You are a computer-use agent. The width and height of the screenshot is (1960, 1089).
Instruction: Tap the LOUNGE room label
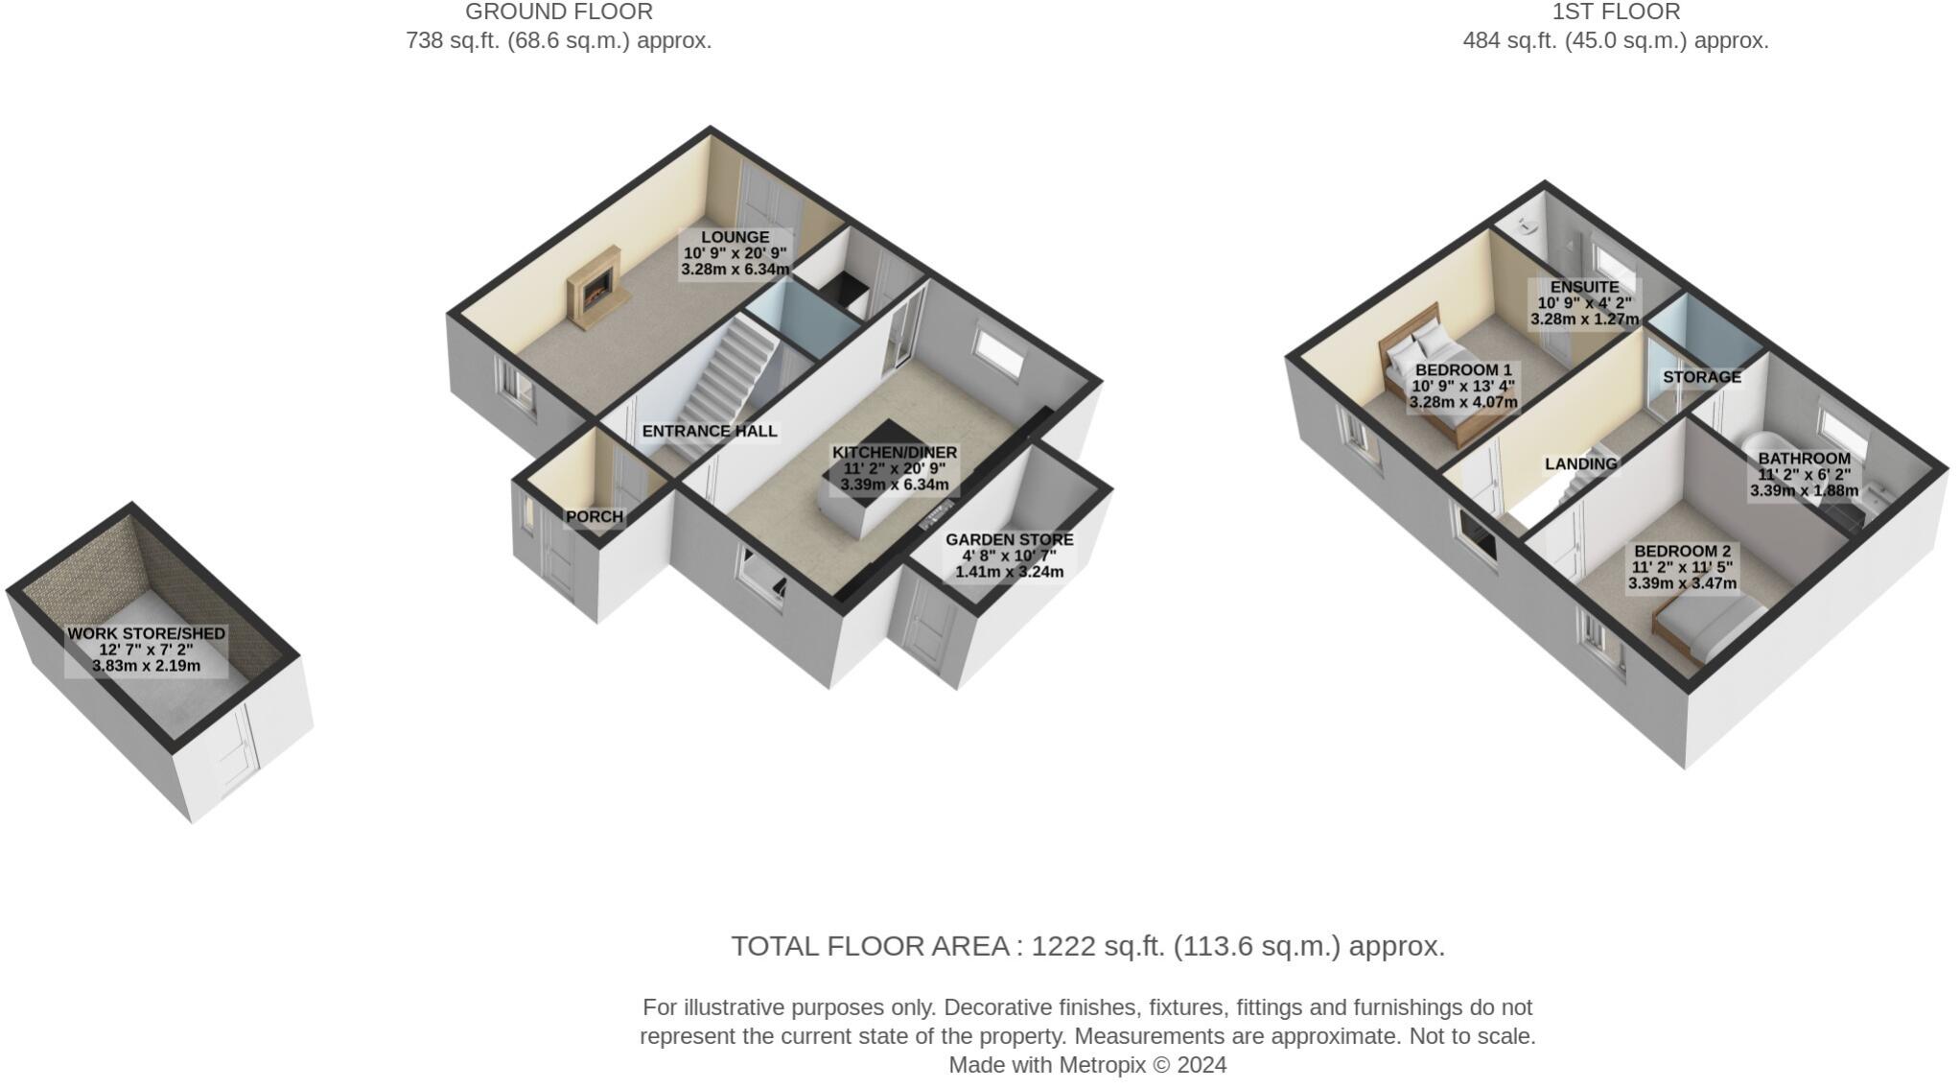tap(735, 237)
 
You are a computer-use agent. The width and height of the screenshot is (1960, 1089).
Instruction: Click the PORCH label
tap(595, 517)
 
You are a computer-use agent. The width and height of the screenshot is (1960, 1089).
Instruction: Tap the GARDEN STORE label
tap(1009, 540)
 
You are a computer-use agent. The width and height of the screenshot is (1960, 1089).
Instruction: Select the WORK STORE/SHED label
tap(146, 634)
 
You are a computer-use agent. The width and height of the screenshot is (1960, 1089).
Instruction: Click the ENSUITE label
tap(1584, 287)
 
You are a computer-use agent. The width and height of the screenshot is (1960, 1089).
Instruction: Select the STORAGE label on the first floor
tap(1701, 377)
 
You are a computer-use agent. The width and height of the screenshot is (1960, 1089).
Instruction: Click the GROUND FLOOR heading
tap(558, 12)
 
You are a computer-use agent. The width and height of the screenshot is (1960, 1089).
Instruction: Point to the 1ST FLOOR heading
tap(1615, 12)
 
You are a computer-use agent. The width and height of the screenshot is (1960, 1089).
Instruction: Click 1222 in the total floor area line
tap(1062, 946)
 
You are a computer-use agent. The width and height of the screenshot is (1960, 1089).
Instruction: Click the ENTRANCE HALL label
tap(709, 432)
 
